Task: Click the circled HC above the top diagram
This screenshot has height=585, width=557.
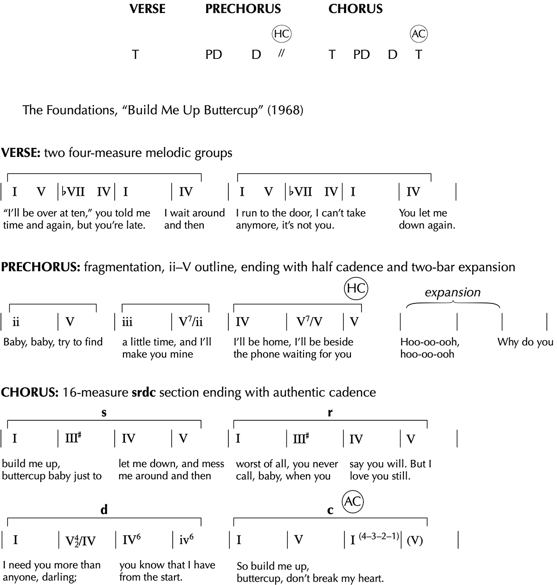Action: pyautogui.click(x=282, y=34)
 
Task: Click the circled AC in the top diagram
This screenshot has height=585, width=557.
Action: pyautogui.click(x=419, y=34)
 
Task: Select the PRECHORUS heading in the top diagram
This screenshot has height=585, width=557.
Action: pyautogui.click(x=243, y=9)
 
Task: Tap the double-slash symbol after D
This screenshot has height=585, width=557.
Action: pyautogui.click(x=280, y=54)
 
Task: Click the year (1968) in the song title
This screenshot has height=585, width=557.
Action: pyautogui.click(x=285, y=111)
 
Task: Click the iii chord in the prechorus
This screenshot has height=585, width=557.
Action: pyautogui.click(x=127, y=322)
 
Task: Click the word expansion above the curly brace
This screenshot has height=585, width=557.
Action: pyautogui.click(x=453, y=292)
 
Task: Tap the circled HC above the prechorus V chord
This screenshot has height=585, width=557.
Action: pyautogui.click(x=356, y=289)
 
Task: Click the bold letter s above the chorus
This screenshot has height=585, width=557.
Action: pyautogui.click(x=104, y=412)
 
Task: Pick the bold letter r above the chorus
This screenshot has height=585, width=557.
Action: pyautogui.click(x=330, y=412)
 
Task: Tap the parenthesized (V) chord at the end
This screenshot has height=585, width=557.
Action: pyautogui.click(x=415, y=540)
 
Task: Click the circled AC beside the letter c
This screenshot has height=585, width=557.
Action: pyautogui.click(x=352, y=501)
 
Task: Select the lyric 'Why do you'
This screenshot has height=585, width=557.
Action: pyautogui.click(x=525, y=342)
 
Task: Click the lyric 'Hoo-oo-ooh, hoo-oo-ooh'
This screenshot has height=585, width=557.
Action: pyautogui.click(x=430, y=348)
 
